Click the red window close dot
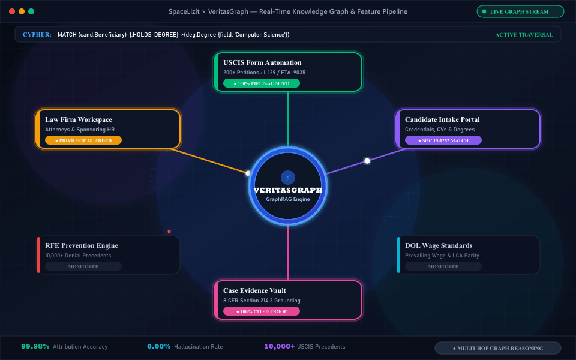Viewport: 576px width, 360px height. click(x=12, y=11)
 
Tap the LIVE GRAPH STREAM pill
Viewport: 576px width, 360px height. click(x=520, y=11)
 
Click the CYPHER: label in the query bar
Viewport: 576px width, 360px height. click(x=37, y=35)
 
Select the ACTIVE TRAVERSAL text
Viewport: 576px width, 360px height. click(x=524, y=35)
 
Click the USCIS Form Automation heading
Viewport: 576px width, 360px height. click(x=262, y=62)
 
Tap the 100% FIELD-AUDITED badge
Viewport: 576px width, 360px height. click(x=262, y=83)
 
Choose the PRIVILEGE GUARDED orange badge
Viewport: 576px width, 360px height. click(x=83, y=140)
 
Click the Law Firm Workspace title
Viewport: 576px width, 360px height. click(x=79, y=119)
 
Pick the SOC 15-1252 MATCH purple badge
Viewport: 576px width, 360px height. click(x=443, y=140)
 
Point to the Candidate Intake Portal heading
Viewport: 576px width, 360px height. click(x=442, y=119)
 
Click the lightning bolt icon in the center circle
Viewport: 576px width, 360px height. click(x=288, y=178)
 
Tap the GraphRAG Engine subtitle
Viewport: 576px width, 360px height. click(x=288, y=199)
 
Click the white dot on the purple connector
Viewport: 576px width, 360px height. click(x=367, y=161)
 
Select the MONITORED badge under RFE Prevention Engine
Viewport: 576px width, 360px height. click(x=83, y=266)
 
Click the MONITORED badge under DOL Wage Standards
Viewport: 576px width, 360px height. click(x=443, y=266)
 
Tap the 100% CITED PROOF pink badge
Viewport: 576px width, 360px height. click(x=262, y=311)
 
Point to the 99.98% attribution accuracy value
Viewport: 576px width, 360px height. click(x=35, y=346)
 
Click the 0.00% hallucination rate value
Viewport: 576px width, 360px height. click(x=159, y=346)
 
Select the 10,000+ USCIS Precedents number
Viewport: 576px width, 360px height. click(x=280, y=346)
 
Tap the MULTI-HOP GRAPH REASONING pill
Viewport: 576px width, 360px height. click(x=498, y=348)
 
